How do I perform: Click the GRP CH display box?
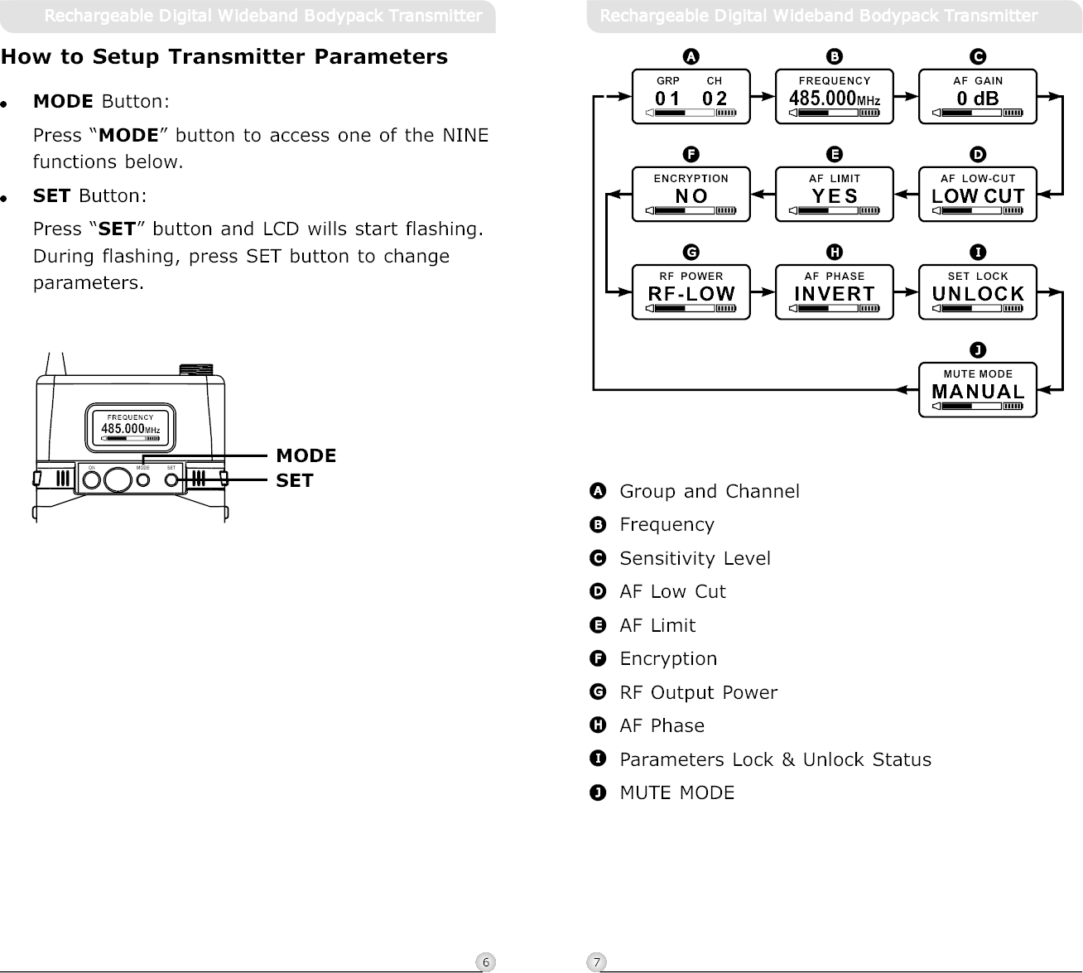point(691,97)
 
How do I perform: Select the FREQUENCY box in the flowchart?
point(834,97)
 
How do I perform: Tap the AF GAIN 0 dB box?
point(977,97)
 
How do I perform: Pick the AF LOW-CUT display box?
point(977,195)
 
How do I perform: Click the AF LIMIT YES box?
point(834,195)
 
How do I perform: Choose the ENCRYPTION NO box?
point(691,195)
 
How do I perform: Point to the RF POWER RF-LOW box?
point(691,292)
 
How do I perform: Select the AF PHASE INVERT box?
point(834,292)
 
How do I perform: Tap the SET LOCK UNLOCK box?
point(977,292)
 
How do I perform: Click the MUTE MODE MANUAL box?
point(977,390)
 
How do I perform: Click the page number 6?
point(486,961)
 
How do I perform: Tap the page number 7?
point(596,961)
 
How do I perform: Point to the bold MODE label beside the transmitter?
point(306,455)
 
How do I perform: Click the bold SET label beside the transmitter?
point(294,480)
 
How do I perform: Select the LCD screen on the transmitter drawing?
point(130,428)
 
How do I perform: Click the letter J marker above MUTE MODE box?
point(978,349)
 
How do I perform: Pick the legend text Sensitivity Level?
point(695,559)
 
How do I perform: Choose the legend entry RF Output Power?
point(698,692)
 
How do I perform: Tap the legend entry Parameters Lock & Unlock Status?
point(775,759)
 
